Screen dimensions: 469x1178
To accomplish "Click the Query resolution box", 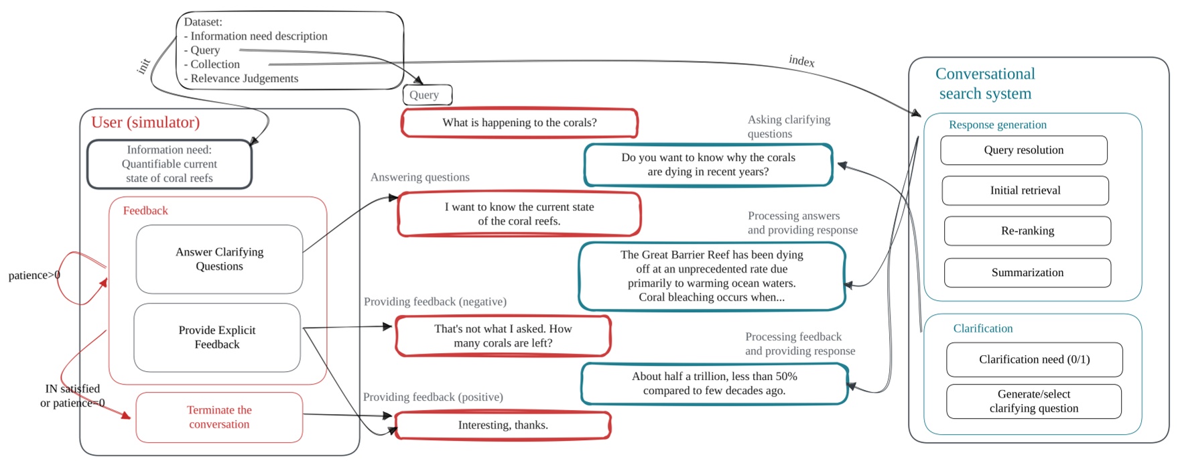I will (1023, 150).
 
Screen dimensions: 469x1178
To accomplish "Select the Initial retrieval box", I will (1025, 190).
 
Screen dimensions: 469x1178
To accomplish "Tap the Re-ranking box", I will (1027, 230).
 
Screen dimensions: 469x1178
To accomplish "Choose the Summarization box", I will (1027, 272).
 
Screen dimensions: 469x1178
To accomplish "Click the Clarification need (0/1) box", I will (1033, 359).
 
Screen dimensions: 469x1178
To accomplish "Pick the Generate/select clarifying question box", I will (1033, 401).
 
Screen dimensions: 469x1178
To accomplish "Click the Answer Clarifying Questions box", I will (219, 259).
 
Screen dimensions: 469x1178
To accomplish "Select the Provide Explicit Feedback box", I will (216, 337).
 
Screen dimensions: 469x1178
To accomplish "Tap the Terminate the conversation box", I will (219, 417).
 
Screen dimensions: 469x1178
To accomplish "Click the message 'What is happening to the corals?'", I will (519, 123).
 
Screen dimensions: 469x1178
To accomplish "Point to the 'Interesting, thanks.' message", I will (503, 425).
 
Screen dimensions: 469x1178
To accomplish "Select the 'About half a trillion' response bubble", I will (714, 383).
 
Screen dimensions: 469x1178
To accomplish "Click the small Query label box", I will (427, 94).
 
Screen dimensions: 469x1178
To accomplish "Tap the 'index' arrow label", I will (801, 61).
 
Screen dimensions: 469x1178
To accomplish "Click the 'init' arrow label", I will (143, 66).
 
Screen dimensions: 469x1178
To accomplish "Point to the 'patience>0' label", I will (34, 275).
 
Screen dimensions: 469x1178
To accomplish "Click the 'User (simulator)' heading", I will (145, 122).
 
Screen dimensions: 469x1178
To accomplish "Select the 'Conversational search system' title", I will (984, 83).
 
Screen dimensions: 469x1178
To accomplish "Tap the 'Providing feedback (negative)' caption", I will (435, 301).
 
